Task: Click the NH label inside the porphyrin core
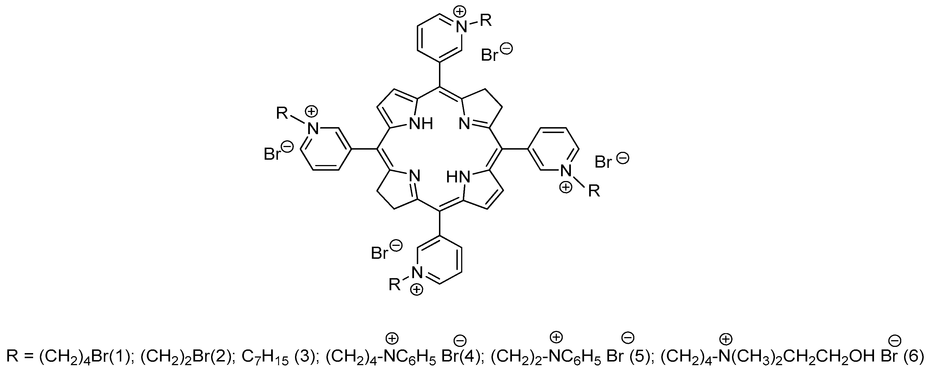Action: (x=420, y=124)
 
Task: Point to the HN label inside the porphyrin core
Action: (x=458, y=177)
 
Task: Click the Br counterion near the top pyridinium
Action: (x=490, y=55)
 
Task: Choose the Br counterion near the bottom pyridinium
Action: (x=379, y=253)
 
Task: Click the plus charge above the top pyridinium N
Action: (x=459, y=12)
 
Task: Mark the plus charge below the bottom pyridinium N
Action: (x=417, y=290)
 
